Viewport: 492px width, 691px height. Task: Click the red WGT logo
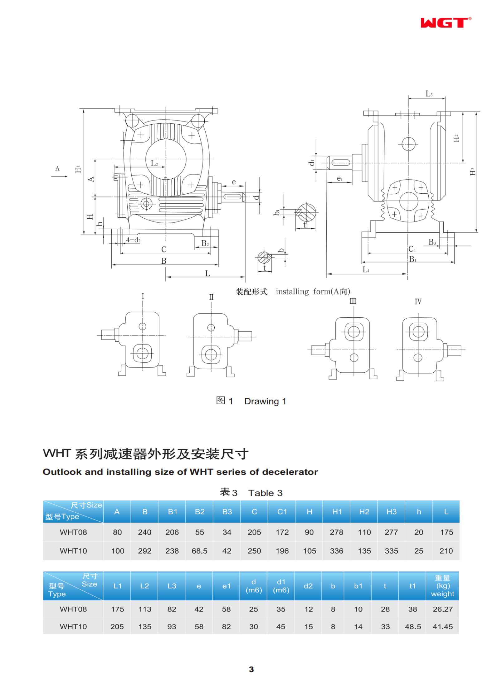click(x=444, y=23)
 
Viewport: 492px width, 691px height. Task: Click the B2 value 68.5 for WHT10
click(x=199, y=551)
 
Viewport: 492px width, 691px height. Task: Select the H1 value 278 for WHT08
click(x=336, y=532)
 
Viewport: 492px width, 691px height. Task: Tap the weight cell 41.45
click(x=442, y=626)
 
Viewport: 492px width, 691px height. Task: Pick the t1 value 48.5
click(x=413, y=626)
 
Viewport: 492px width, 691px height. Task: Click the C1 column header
click(x=282, y=511)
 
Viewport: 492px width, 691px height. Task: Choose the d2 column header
click(x=308, y=586)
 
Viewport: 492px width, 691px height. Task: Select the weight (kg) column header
click(x=442, y=586)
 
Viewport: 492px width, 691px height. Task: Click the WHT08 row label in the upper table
click(x=73, y=532)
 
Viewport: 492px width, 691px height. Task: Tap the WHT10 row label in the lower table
click(x=73, y=626)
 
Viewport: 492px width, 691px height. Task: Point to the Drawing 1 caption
click(x=251, y=401)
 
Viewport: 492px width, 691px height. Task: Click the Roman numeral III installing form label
click(x=353, y=301)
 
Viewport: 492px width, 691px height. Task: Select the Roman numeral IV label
click(x=418, y=301)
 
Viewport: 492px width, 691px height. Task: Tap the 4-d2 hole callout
click(x=133, y=240)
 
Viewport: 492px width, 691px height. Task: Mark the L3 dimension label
click(x=429, y=94)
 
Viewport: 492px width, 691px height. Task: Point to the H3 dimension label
click(x=473, y=172)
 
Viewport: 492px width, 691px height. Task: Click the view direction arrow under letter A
click(x=59, y=176)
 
